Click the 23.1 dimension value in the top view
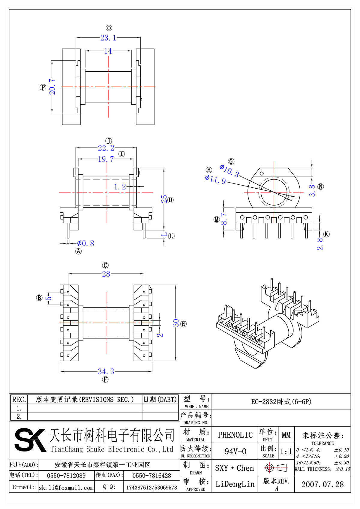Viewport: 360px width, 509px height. coord(108,38)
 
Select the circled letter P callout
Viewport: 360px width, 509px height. coord(43,87)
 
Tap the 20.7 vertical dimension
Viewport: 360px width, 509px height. coord(52,87)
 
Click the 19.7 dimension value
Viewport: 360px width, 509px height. coord(106,159)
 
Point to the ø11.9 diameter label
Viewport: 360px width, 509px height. coord(215,180)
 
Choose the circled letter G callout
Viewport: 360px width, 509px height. coord(231,162)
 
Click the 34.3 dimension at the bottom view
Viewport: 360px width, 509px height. coord(106,372)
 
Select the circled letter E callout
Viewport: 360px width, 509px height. coord(184,324)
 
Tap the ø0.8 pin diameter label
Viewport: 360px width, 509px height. coord(86,243)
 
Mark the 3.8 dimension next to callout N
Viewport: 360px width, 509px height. coord(312,191)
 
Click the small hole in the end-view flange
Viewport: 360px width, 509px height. coord(262,174)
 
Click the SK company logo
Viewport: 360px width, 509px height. coord(30,440)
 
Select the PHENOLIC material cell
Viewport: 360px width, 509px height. coord(235,435)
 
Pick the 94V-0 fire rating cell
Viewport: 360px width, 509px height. coord(235,451)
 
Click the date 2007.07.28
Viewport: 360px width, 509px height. coord(322,484)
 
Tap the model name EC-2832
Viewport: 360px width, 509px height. coord(281,402)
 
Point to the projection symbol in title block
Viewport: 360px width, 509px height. coord(276,468)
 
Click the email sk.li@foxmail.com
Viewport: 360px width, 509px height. coord(66,488)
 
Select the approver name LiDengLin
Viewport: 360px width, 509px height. coord(235,484)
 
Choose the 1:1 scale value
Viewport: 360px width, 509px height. coord(286,451)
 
